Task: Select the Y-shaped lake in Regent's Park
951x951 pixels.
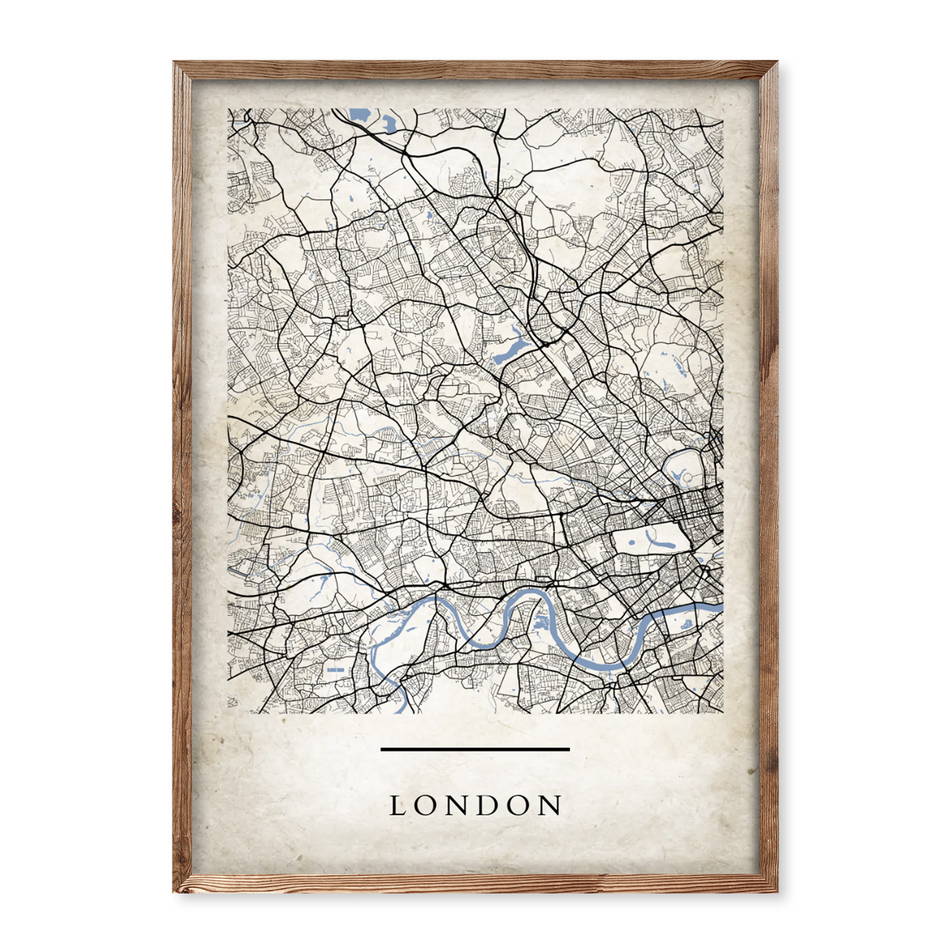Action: [x=678, y=475]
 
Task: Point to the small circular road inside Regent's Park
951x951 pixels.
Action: [x=688, y=477]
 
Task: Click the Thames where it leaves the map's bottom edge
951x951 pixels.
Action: [x=401, y=709]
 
